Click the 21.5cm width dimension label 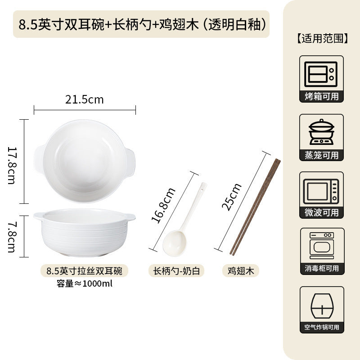point(84,99)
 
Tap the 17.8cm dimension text point(12,165)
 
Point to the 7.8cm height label point(12,237)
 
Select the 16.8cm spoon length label point(163,205)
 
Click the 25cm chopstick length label point(231,197)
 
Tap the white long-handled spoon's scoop point(175,243)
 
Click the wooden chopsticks point(255,207)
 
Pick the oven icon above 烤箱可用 point(321,74)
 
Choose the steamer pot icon point(321,132)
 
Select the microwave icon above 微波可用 point(321,192)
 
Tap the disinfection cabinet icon point(322,246)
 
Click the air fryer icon point(322,306)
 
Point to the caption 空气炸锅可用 point(322,327)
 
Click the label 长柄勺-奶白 point(176,271)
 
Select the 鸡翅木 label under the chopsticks point(241,271)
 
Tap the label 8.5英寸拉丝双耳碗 point(84,271)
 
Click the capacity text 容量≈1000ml point(85,283)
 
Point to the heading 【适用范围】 point(322,38)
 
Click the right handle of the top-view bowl point(130,163)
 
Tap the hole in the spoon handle point(202,190)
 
